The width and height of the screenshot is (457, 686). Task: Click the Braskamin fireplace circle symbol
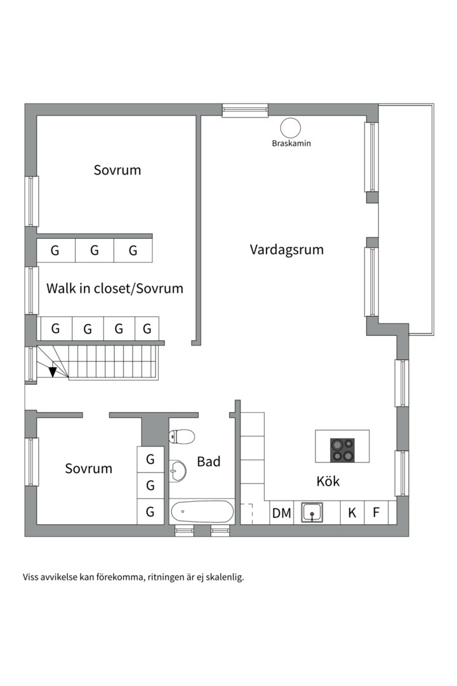pyautogui.click(x=291, y=128)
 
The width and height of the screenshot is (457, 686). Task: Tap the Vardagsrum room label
pyautogui.click(x=286, y=250)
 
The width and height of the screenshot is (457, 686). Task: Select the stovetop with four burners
pyautogui.click(x=342, y=450)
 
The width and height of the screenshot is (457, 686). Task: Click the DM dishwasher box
pyautogui.click(x=281, y=513)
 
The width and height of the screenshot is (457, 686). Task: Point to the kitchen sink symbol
pyautogui.click(x=312, y=513)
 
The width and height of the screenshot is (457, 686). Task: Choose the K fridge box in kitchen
pyautogui.click(x=352, y=513)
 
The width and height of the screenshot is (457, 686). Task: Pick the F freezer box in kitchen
pyautogui.click(x=376, y=513)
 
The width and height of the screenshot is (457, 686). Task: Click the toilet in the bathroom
pyautogui.click(x=182, y=436)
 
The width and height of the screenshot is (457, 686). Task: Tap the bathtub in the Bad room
pyautogui.click(x=202, y=511)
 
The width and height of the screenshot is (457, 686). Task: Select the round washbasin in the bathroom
pyautogui.click(x=178, y=471)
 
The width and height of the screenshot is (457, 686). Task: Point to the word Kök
pyautogui.click(x=328, y=481)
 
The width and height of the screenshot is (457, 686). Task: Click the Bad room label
pyautogui.click(x=208, y=462)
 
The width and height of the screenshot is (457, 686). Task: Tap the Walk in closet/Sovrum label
pyautogui.click(x=114, y=288)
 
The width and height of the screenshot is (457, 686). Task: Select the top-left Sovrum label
pyautogui.click(x=117, y=170)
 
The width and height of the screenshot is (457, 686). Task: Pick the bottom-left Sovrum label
pyautogui.click(x=88, y=469)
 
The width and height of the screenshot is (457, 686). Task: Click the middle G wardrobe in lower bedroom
pyautogui.click(x=150, y=486)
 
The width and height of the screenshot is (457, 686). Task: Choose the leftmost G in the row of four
pyautogui.click(x=56, y=329)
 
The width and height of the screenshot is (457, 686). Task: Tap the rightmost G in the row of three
pyautogui.click(x=133, y=251)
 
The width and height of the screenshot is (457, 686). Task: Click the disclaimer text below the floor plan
pyautogui.click(x=133, y=577)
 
